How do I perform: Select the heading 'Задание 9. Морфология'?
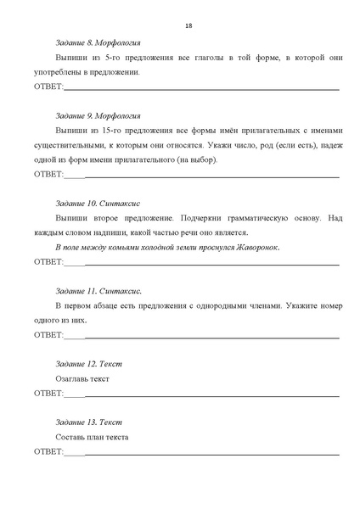(x=98, y=115)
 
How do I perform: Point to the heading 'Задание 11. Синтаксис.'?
(x=98, y=291)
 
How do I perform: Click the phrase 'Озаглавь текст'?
(x=82, y=378)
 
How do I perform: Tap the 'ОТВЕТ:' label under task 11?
(x=48, y=335)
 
